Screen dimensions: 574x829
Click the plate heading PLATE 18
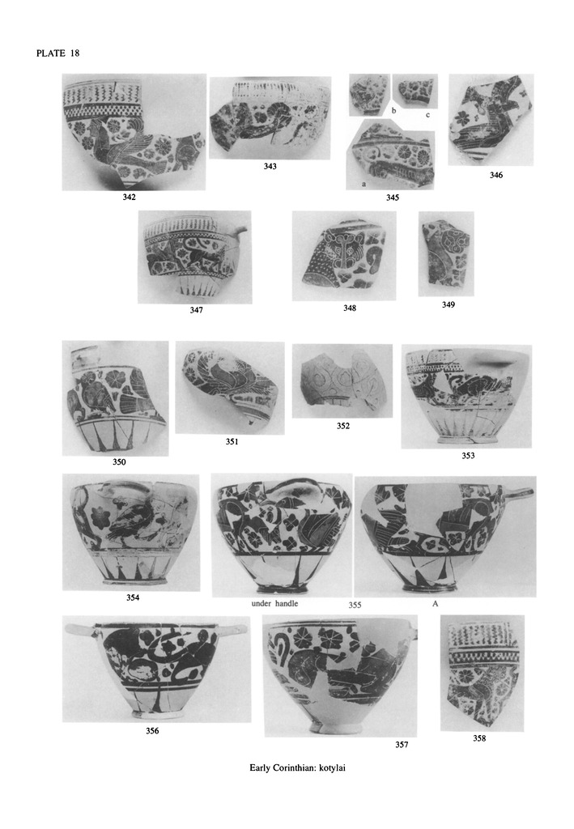pyautogui.click(x=58, y=53)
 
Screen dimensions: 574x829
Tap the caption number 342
pyautogui.click(x=129, y=198)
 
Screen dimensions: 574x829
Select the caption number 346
pyautogui.click(x=495, y=175)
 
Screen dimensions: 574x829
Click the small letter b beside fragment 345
pyautogui.click(x=393, y=110)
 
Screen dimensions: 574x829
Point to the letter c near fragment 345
pyautogui.click(x=427, y=115)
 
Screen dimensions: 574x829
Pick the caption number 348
pyautogui.click(x=350, y=308)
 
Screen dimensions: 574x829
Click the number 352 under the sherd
pyautogui.click(x=343, y=426)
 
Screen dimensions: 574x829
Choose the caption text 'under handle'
pyautogui.click(x=274, y=603)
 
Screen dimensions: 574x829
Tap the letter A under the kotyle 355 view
pyautogui.click(x=435, y=603)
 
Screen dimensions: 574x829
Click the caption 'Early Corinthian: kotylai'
pyautogui.click(x=298, y=767)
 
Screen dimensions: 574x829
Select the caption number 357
pyautogui.click(x=402, y=745)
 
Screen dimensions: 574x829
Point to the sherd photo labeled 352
pyautogui.click(x=342, y=380)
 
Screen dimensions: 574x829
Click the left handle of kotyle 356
pyautogui.click(x=79, y=628)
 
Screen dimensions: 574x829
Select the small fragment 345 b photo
pyautogui.click(x=369, y=95)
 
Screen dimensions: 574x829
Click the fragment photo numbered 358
pyautogui.click(x=482, y=673)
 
